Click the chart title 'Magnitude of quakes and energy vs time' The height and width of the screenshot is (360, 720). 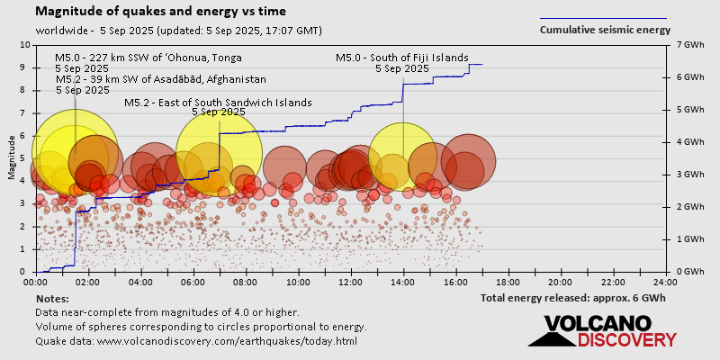[x=161, y=12]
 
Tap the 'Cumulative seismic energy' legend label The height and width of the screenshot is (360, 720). [x=605, y=30]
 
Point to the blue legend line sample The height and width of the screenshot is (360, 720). [x=603, y=18]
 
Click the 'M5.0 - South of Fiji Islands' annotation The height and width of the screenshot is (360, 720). [x=401, y=58]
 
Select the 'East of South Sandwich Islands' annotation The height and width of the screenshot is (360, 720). [x=218, y=103]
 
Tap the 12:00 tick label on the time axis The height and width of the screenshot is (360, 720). [x=352, y=281]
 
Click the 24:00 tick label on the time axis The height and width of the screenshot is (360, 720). [x=665, y=281]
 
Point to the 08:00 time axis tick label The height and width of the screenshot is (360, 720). [x=247, y=281]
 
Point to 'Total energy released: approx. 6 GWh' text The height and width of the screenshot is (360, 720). [x=573, y=297]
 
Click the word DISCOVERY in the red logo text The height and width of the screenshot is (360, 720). [x=626, y=340]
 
